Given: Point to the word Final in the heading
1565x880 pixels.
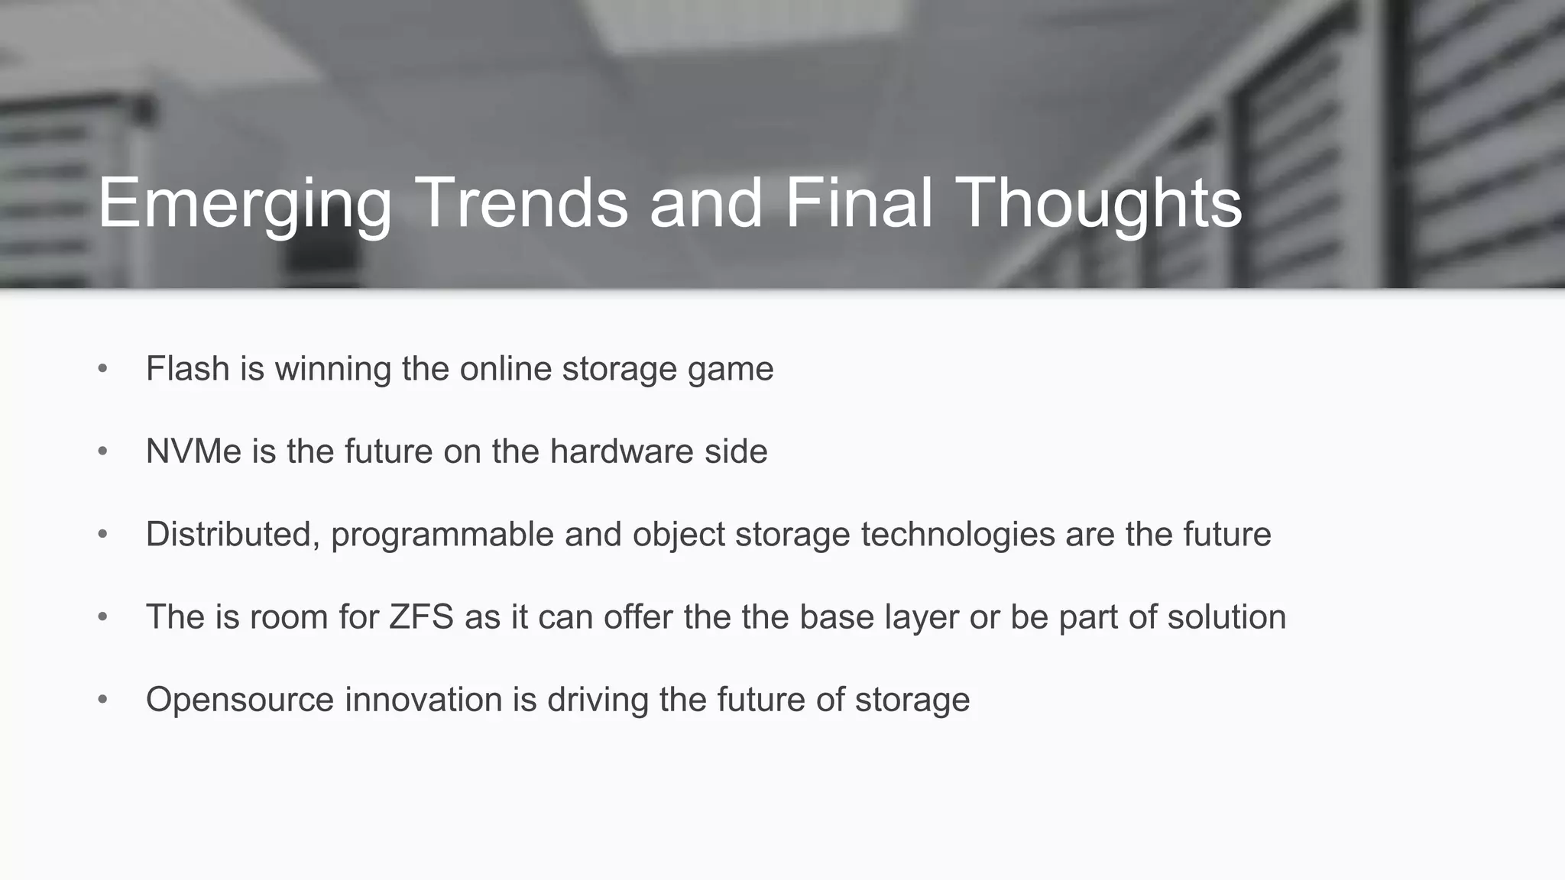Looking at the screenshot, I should (859, 202).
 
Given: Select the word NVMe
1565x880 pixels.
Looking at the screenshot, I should (193, 451).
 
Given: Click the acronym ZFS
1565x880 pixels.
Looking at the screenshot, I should (421, 617).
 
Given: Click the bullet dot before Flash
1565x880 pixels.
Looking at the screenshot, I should (103, 369).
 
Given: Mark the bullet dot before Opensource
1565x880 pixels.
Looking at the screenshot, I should (103, 700).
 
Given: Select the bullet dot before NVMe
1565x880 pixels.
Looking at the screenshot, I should (103, 451).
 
